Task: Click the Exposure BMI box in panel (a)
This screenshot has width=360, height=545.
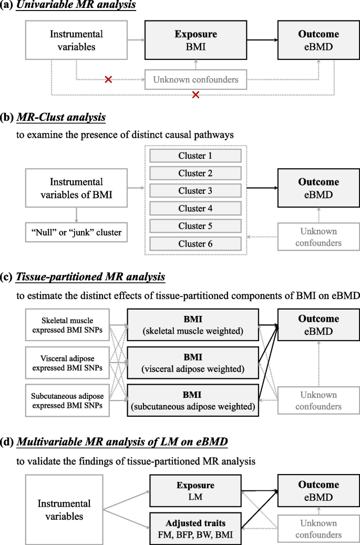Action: pos(196,40)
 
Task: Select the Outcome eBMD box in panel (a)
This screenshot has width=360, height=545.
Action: pos(318,40)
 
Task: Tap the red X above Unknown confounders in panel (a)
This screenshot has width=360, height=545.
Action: pos(108,79)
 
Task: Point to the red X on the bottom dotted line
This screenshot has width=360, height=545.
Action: pos(196,95)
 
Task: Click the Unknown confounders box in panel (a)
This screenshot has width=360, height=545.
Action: pos(196,80)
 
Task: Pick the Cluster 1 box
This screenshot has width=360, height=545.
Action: pos(195,156)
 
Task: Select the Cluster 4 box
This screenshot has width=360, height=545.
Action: pos(195,209)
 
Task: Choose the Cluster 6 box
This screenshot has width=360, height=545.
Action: pos(195,244)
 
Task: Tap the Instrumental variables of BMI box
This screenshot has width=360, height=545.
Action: pos(76,188)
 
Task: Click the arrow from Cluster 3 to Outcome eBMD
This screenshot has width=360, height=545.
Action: pos(263,188)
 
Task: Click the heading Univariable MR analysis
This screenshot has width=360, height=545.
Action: pos(77,6)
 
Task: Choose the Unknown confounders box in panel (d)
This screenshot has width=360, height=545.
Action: pos(318,529)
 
